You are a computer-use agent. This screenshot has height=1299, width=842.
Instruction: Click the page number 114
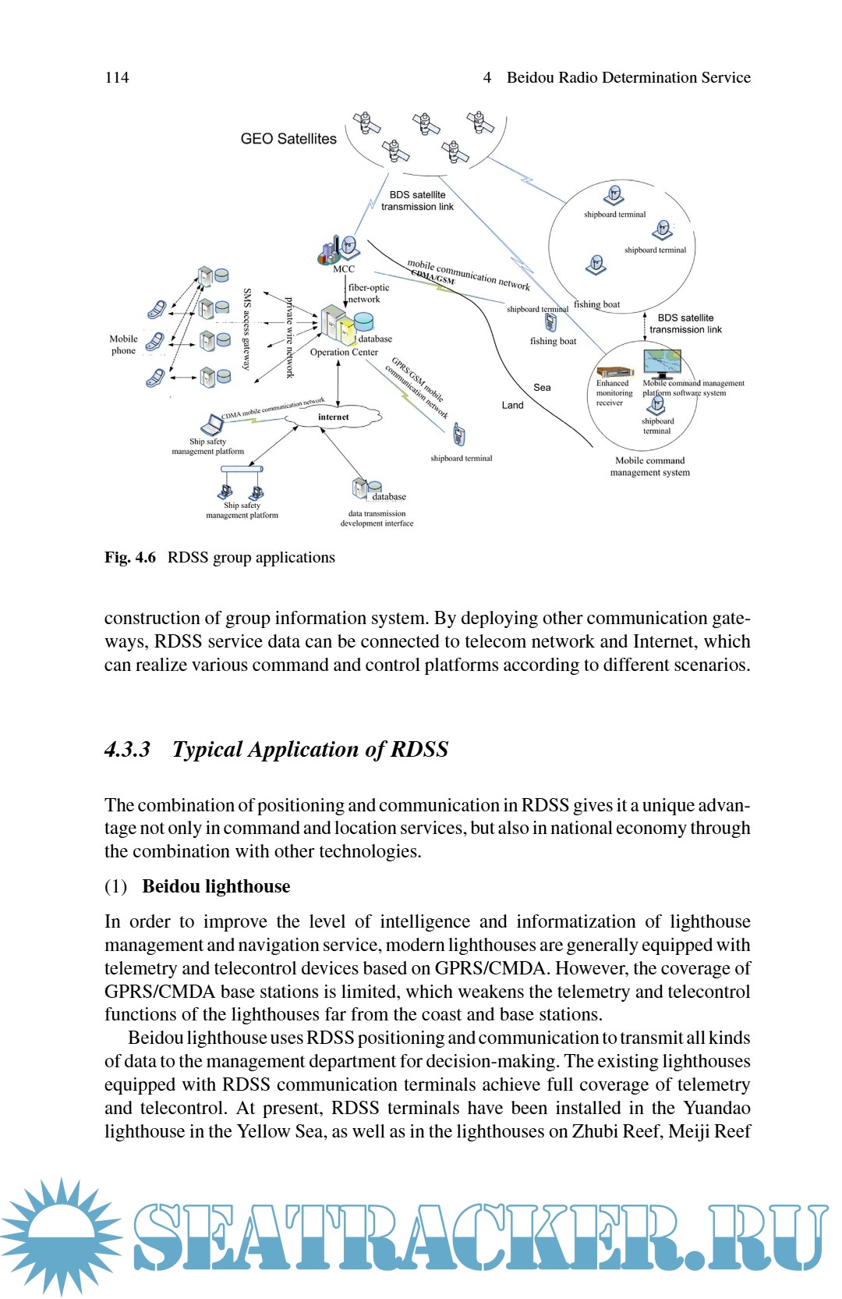[x=117, y=77]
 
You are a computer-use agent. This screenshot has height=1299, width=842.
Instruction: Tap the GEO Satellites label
[x=288, y=139]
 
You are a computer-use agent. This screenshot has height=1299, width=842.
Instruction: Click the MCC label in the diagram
[x=343, y=269]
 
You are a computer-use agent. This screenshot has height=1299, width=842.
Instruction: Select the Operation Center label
[x=344, y=353]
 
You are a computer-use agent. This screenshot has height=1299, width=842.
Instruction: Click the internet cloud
[x=334, y=417]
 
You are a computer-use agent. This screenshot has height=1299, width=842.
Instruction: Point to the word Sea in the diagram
[x=542, y=388]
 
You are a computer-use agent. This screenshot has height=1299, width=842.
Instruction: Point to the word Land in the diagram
[x=512, y=406]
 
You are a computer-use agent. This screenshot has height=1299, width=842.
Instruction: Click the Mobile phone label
[x=123, y=345]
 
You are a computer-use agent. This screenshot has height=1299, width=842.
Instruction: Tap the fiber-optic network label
[x=368, y=293]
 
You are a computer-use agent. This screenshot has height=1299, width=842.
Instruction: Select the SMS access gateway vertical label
[x=247, y=328]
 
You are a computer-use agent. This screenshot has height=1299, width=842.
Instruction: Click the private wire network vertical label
[x=289, y=337]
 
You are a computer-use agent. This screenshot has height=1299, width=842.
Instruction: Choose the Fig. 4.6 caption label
[x=130, y=558]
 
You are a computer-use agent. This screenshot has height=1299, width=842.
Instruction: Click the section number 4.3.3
[x=127, y=750]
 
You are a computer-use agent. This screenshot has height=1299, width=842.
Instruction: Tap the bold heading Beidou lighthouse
[x=216, y=886]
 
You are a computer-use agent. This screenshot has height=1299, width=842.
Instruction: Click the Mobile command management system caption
[x=649, y=467]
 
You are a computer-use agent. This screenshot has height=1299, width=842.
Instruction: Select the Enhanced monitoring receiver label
[x=614, y=393]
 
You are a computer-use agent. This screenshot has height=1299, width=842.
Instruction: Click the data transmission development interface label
[x=377, y=519]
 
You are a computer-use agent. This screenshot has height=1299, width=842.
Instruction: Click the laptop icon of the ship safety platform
[x=211, y=424]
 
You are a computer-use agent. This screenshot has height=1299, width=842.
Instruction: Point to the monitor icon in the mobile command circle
[x=662, y=364]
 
